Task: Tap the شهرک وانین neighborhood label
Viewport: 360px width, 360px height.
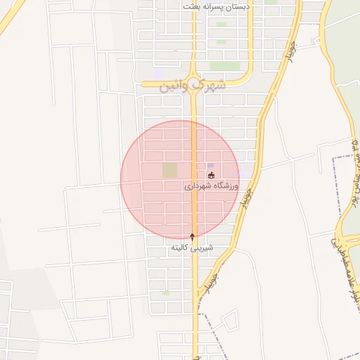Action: point(193,85)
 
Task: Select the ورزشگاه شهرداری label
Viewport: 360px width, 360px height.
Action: point(212,187)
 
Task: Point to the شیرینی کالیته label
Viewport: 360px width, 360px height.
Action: point(192,249)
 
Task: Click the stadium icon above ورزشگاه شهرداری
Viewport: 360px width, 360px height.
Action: point(212,174)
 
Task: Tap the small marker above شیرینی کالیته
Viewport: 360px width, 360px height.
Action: point(193,237)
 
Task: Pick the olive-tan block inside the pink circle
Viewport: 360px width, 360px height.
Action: point(170,170)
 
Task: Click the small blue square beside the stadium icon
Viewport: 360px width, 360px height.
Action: point(211,166)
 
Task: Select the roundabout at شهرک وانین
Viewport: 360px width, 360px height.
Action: point(194,84)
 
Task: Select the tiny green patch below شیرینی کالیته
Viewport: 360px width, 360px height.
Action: point(166,292)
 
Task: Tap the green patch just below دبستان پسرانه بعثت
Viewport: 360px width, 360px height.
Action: point(222,24)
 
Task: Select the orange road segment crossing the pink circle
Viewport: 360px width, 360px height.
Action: point(193,179)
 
